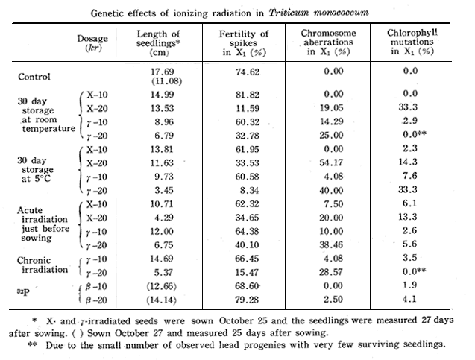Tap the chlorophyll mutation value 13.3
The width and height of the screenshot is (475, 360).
[x=418, y=216]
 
